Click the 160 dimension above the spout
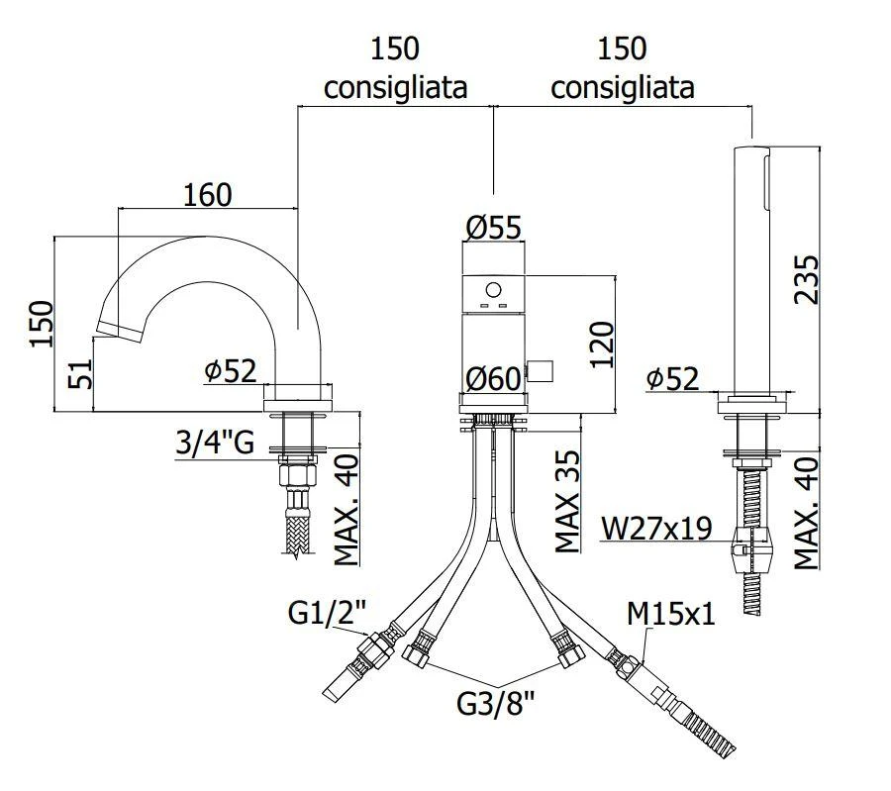tap(207, 194)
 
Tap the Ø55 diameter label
tap(493, 228)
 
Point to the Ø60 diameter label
tap(494, 378)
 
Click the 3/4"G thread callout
tap(215, 443)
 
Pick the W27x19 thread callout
tap(657, 529)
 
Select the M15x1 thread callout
tap(671, 615)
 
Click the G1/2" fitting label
tap(328, 615)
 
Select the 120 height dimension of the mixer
tap(603, 344)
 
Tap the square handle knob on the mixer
tap(540, 371)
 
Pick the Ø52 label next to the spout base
tap(231, 371)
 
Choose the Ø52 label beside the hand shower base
tap(672, 378)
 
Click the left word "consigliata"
tap(396, 87)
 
